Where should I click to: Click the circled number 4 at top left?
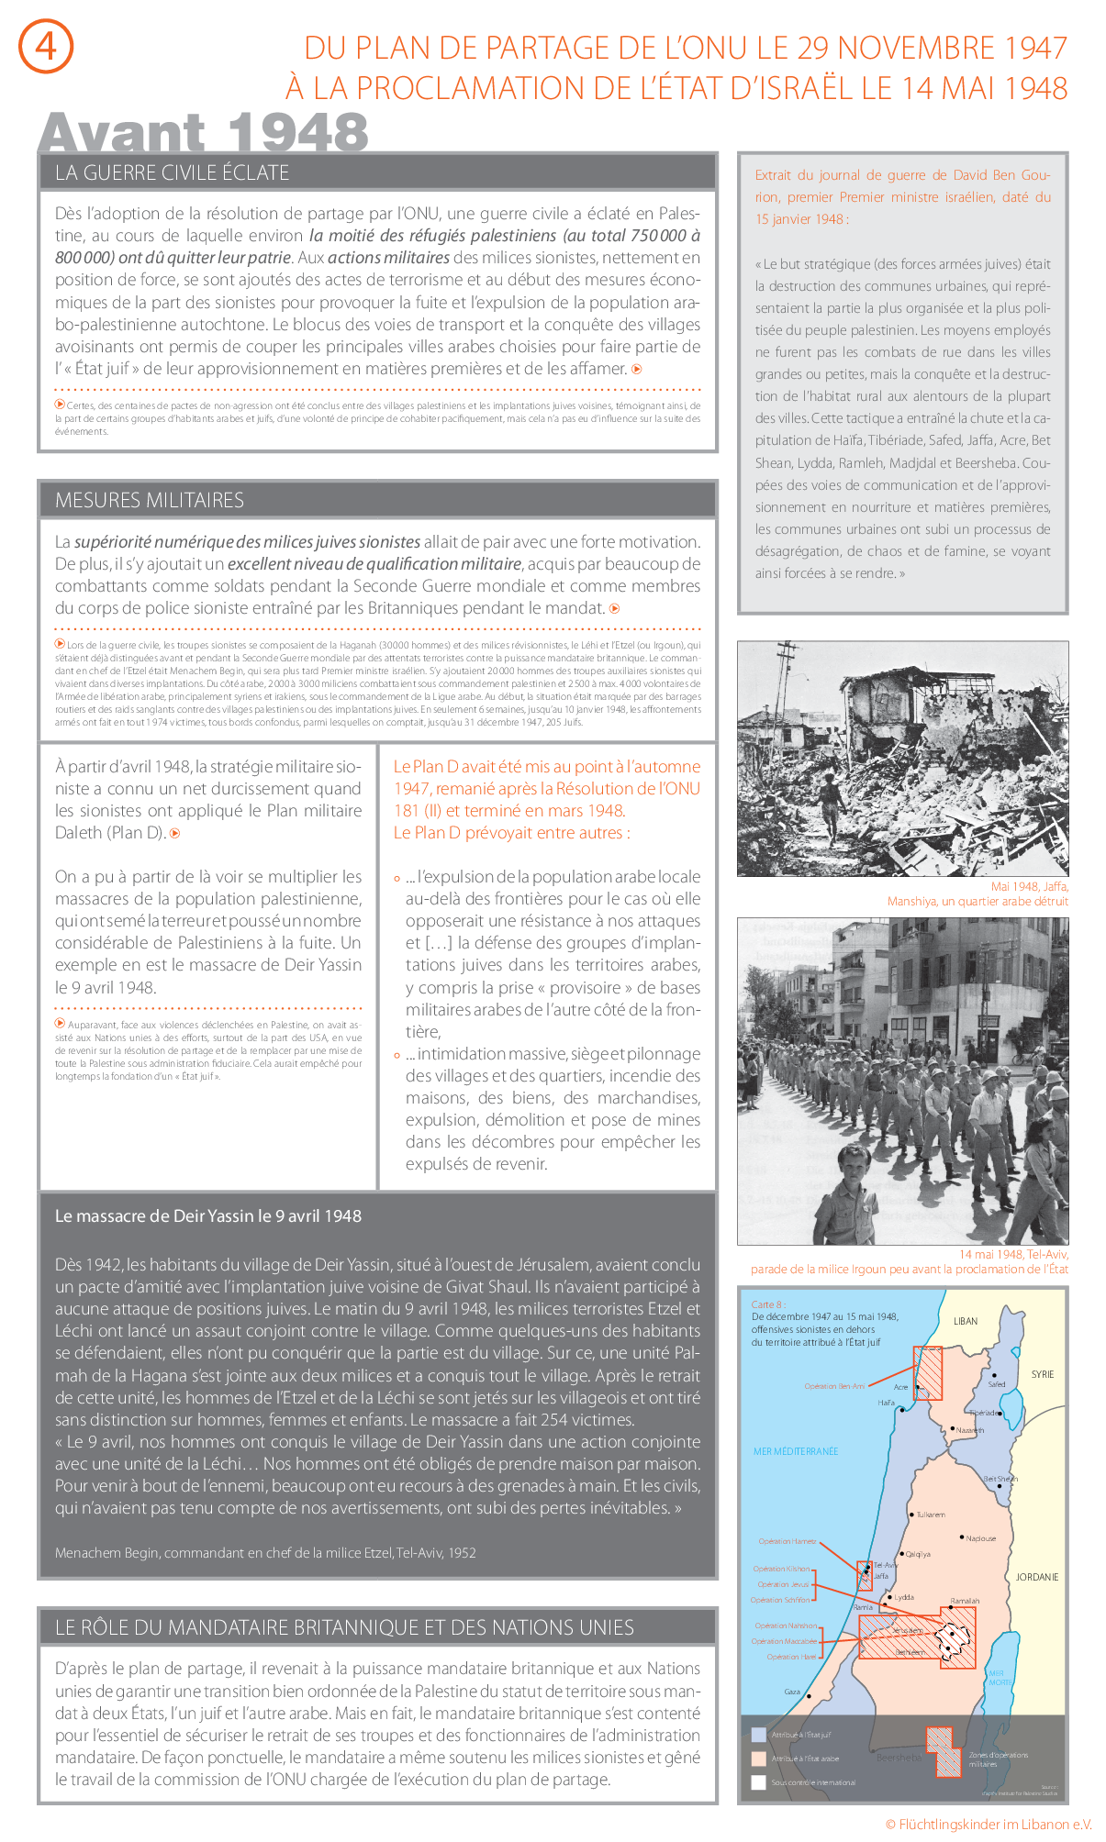[x=46, y=46]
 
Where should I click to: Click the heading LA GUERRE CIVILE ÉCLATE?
[x=172, y=172]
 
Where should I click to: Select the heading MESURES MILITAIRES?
[x=150, y=500]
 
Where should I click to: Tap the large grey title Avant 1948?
[x=203, y=133]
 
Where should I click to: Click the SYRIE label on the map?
[x=1042, y=1374]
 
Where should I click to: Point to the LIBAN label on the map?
[x=965, y=1321]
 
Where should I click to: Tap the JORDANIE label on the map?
[x=1036, y=1577]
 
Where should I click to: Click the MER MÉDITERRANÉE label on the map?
[x=795, y=1451]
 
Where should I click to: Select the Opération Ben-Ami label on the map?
[x=834, y=1386]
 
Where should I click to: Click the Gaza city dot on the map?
[x=809, y=1696]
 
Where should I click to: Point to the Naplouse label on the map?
[x=980, y=1538]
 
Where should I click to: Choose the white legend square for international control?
[x=758, y=1782]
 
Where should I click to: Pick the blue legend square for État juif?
[x=758, y=1735]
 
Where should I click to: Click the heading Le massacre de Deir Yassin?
[x=208, y=1215]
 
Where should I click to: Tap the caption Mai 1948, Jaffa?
[x=1029, y=886]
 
